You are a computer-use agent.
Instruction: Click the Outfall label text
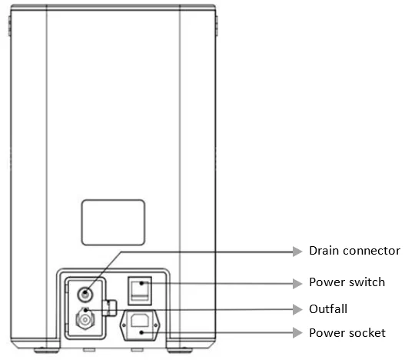pyautogui.click(x=328, y=309)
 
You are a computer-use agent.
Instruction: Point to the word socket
pyautogui.click(x=369, y=333)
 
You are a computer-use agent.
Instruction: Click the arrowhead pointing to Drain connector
pyautogui.click(x=297, y=251)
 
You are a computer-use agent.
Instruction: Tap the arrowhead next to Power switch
pyautogui.click(x=297, y=283)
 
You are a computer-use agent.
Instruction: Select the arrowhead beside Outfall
pyautogui.click(x=297, y=309)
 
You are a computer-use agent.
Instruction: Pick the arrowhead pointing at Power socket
pyautogui.click(x=297, y=333)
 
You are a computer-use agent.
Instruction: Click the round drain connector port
pyautogui.click(x=85, y=294)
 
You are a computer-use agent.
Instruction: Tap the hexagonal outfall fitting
pyautogui.click(x=85, y=320)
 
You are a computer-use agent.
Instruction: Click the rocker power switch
pyautogui.click(x=140, y=291)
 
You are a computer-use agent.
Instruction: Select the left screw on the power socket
pyautogui.click(x=124, y=325)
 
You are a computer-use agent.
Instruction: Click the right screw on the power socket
pyautogui.click(x=156, y=325)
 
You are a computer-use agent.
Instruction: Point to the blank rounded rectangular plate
pyautogui.click(x=113, y=222)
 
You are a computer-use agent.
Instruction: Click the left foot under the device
pyautogui.click(x=46, y=351)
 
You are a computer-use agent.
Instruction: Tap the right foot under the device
pyautogui.click(x=180, y=351)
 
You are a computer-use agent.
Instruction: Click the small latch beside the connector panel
pyautogui.click(x=109, y=308)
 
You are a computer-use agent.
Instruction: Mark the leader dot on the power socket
pyautogui.click(x=141, y=332)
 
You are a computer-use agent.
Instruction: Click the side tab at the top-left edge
pyautogui.click(x=9, y=26)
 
